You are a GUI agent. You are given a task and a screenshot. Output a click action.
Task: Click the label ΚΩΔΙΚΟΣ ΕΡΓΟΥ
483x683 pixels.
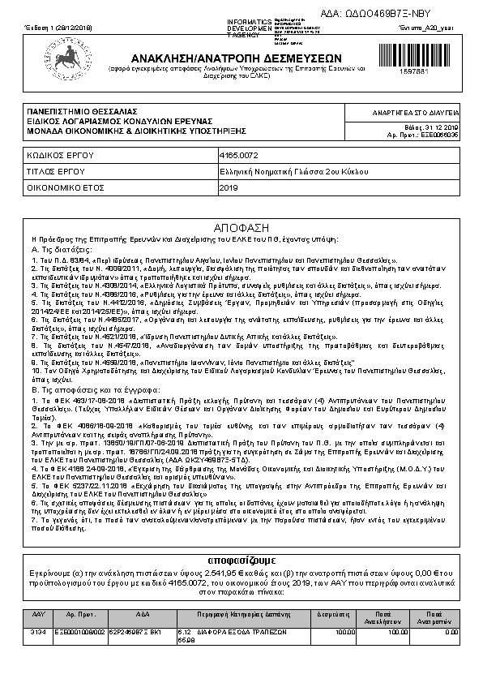tap(61, 153)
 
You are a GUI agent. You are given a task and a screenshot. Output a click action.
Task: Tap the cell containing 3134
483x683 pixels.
tap(37, 630)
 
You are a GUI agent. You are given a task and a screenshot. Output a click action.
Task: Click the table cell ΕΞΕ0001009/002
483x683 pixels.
tap(79, 630)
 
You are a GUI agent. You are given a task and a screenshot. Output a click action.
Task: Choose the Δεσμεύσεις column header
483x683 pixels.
tap(332, 615)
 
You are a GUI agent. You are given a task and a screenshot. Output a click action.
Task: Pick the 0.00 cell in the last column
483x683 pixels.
tap(451, 630)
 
